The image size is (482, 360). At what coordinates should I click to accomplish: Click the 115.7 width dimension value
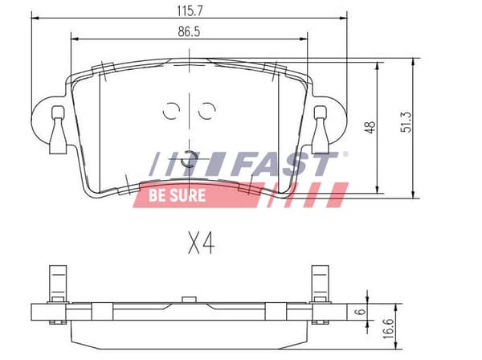click(x=190, y=11)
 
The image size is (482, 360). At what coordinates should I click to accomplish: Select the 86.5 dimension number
click(x=189, y=31)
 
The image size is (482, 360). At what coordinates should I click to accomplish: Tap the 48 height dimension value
click(x=370, y=127)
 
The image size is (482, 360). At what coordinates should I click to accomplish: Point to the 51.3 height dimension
click(x=406, y=122)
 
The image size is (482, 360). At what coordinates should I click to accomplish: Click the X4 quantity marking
click(x=202, y=243)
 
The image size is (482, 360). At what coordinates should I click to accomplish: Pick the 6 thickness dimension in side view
click(x=360, y=312)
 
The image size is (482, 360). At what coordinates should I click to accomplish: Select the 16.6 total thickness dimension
click(x=388, y=329)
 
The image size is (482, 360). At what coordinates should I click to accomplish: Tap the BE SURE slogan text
click(x=177, y=195)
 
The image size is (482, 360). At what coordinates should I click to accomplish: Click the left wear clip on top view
click(x=58, y=129)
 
